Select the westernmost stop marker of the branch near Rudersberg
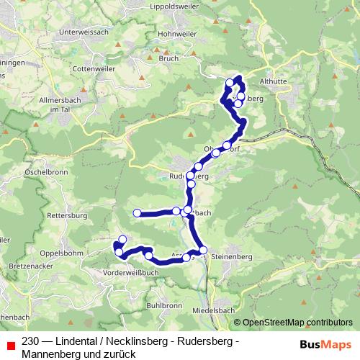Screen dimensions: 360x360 click(x=137, y=212)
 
